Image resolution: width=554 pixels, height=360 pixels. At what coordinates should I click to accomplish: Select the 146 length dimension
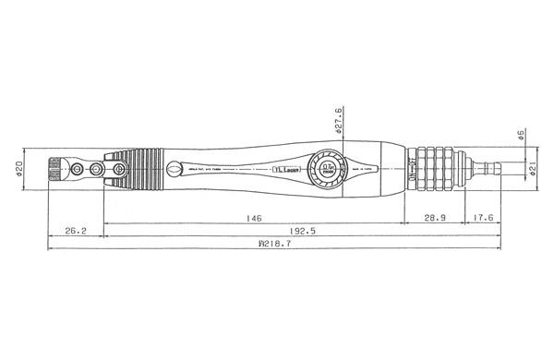pos(254,218)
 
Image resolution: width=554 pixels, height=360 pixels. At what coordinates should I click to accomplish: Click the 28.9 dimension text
pos(434,218)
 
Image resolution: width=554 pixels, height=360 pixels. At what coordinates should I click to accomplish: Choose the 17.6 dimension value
pos(483,218)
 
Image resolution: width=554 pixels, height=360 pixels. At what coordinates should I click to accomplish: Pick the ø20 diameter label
pos(19,170)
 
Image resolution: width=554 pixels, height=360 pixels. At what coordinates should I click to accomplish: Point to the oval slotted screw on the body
pos(174,169)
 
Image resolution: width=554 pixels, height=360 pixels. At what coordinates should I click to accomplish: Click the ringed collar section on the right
pos(440,169)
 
